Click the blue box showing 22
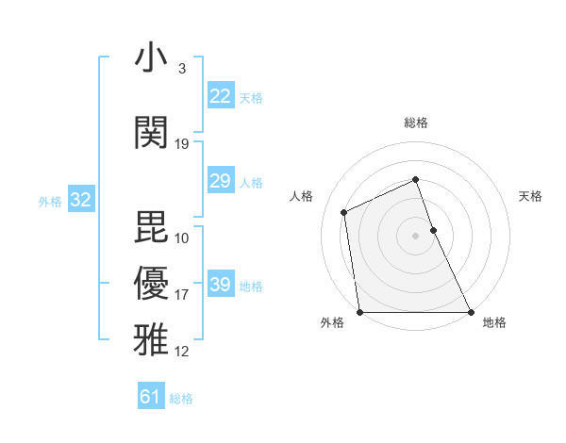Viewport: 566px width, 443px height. (x=220, y=96)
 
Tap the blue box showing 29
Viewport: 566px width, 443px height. (x=220, y=181)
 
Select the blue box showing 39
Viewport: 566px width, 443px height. (x=220, y=285)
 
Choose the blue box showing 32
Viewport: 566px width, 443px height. (x=80, y=200)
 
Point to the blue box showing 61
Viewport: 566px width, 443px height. (x=151, y=397)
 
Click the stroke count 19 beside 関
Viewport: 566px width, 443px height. (x=182, y=144)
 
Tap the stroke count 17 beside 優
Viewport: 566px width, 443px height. (x=182, y=295)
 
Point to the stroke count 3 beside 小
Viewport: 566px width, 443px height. (x=182, y=69)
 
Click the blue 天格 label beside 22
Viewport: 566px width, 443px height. (x=251, y=98)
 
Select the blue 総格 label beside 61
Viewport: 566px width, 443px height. (x=181, y=399)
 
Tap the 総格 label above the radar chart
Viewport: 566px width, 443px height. (x=415, y=123)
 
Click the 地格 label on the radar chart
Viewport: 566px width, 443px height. (x=494, y=323)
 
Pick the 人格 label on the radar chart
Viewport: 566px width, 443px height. (x=302, y=196)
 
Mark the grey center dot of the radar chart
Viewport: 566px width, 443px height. (x=415, y=235)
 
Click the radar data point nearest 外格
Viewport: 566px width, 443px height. (x=359, y=312)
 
